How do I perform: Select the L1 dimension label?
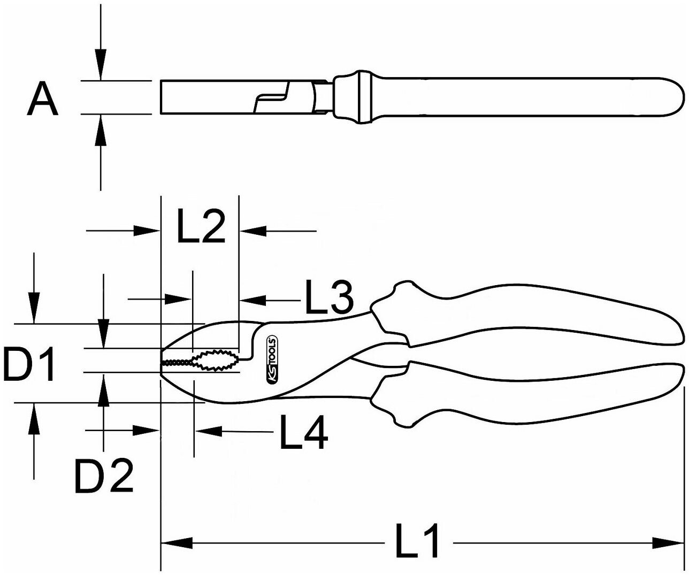417,540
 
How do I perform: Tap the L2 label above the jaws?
201,226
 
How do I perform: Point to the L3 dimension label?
330,296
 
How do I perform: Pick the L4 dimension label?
304,432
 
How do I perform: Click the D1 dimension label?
29,364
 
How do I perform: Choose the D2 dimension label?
104,476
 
